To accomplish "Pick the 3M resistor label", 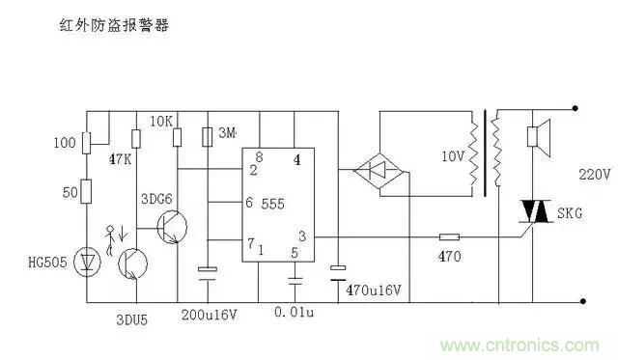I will click(228, 130).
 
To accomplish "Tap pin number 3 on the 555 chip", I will click(303, 236).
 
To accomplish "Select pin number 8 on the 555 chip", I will click(258, 157).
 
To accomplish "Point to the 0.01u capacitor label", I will click(295, 315).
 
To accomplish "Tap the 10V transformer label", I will click(451, 156).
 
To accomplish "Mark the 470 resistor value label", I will click(449, 258).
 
